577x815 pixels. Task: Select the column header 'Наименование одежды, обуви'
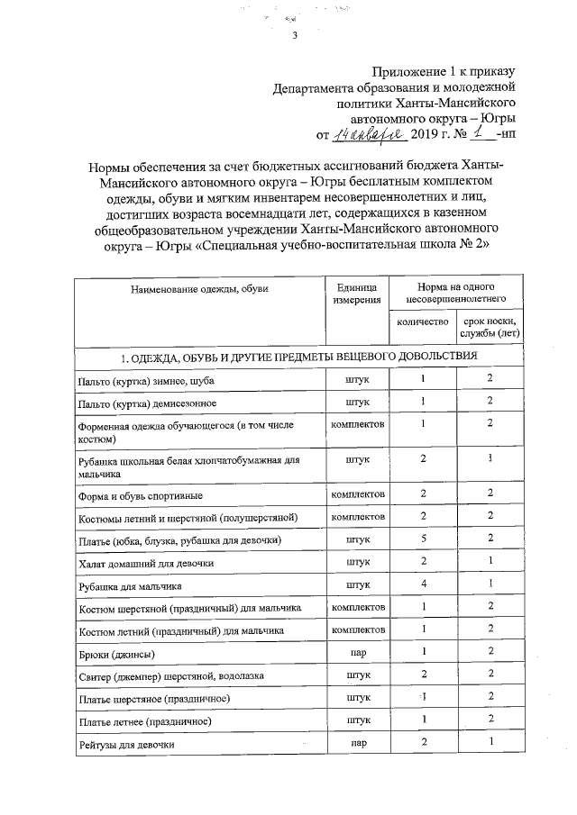[199, 289]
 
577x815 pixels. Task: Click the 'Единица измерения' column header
[358, 294]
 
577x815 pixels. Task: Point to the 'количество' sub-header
[423, 321]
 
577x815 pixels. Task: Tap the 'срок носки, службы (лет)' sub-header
[490, 328]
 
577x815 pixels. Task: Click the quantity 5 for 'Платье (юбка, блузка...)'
[423, 539]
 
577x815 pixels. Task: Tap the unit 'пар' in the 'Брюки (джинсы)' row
[358, 653]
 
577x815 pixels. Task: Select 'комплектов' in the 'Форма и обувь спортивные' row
[358, 494]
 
